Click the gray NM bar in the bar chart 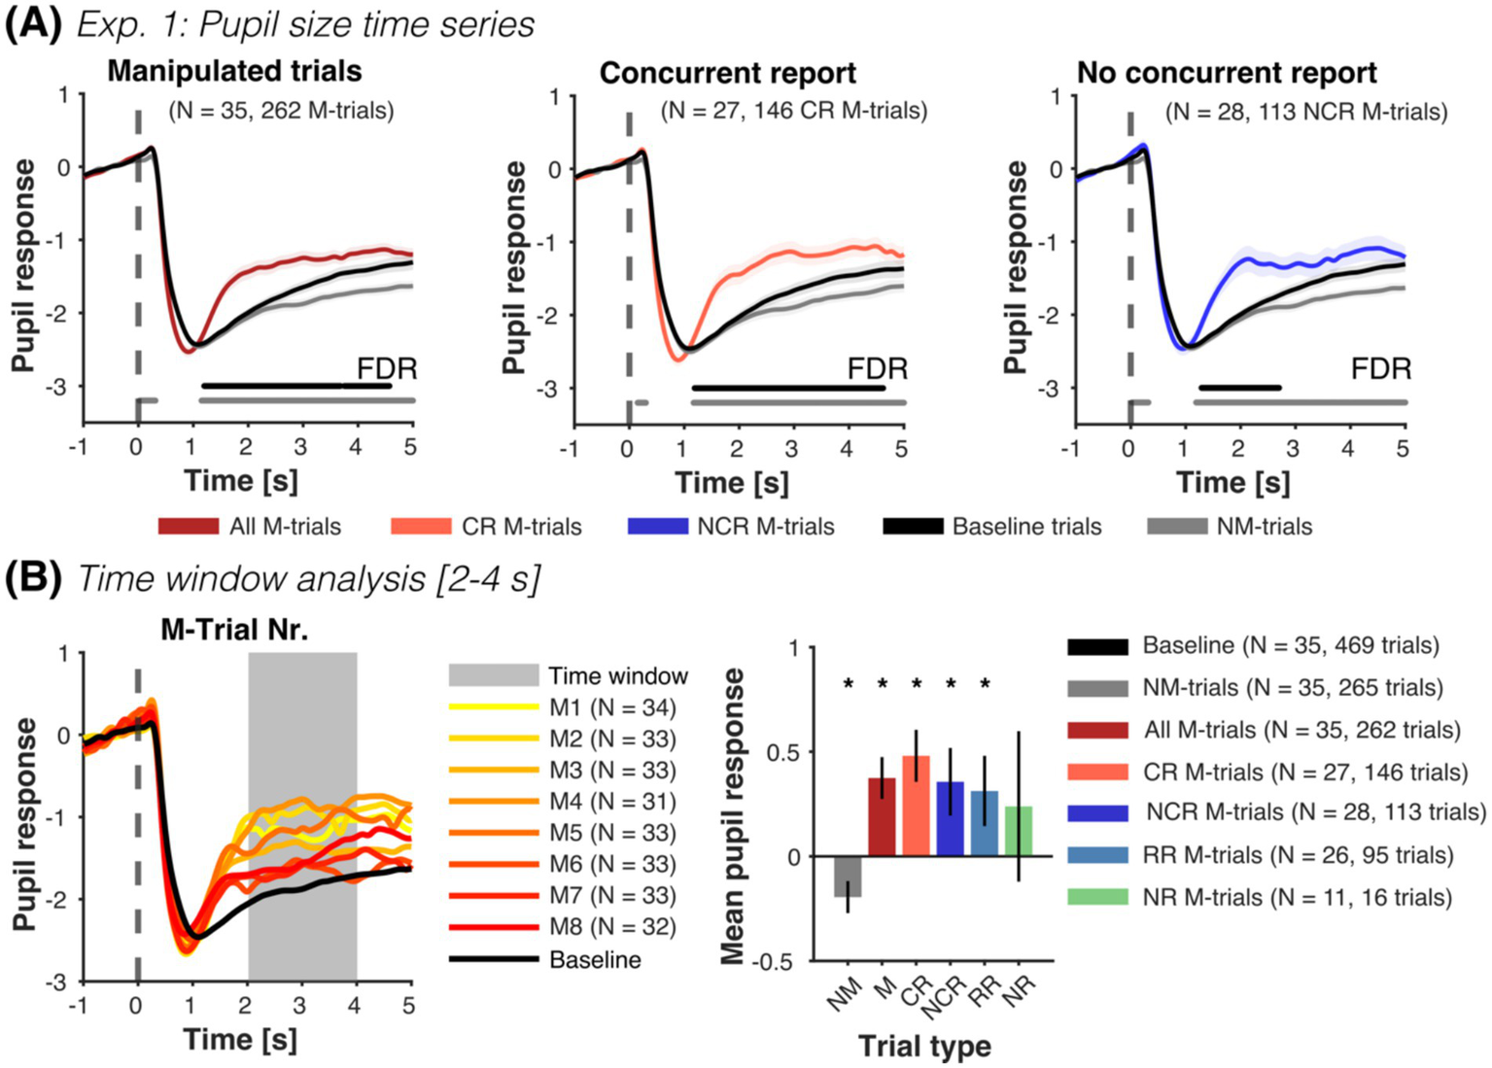click(x=848, y=877)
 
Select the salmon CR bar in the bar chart click(x=916, y=807)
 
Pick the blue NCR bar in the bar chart click(x=950, y=819)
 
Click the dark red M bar click(x=882, y=817)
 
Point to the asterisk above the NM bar click(x=849, y=685)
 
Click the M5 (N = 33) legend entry click(x=611, y=833)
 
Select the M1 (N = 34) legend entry click(x=611, y=707)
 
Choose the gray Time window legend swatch click(x=493, y=675)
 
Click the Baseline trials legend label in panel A click(x=1026, y=527)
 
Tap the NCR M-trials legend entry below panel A click(x=765, y=527)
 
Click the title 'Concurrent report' click(x=727, y=74)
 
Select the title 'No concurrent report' click(x=1227, y=74)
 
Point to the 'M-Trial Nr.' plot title click(x=234, y=630)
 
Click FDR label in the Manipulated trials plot click(x=387, y=369)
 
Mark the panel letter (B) click(x=34, y=578)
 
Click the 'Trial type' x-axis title click(x=924, y=1047)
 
